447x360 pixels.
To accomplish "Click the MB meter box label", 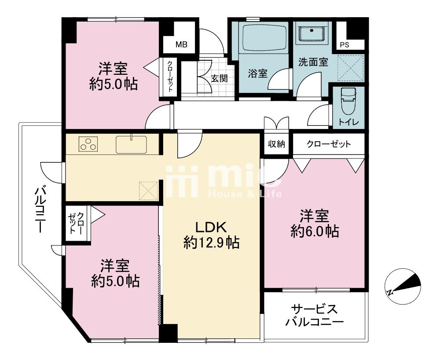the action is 181,44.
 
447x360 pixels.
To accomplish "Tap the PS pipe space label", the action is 344,45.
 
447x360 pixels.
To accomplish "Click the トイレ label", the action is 348,122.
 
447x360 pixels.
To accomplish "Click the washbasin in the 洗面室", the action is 312,33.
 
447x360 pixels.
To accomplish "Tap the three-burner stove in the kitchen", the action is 88,143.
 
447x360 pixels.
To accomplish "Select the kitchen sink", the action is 132,144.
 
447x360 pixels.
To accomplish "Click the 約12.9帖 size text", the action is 211,242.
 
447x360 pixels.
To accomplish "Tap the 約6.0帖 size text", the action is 315,231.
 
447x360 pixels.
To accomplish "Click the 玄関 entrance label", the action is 219,78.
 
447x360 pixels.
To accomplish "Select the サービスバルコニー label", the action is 315,316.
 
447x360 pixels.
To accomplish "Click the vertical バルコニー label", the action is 40,209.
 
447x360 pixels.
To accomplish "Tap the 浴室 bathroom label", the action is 257,73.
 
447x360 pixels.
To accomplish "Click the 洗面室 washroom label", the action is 313,62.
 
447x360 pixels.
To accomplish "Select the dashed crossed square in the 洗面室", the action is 350,68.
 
